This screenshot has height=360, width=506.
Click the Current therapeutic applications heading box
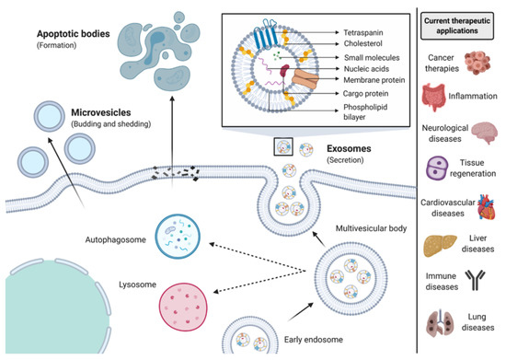(x=464, y=23)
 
